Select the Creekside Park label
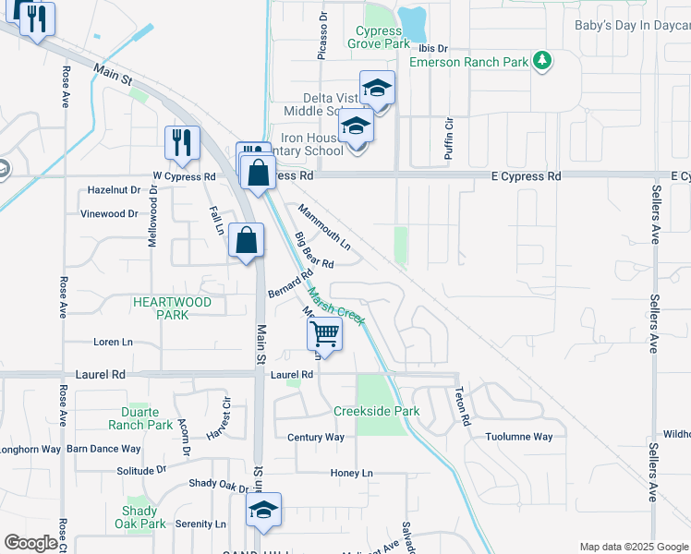coord(377,411)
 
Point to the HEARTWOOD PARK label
coord(172,308)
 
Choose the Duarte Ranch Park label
coord(140,418)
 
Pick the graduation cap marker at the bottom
coord(263,510)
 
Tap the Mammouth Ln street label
coord(324,227)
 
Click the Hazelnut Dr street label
coord(114,189)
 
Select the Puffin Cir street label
coord(449,138)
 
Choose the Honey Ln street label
coord(352,473)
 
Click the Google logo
coord(30,543)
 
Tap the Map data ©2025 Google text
coord(633,547)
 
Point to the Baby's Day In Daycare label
coord(632,26)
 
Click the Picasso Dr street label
coord(322,36)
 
